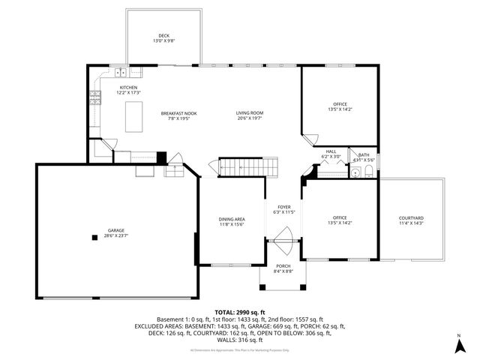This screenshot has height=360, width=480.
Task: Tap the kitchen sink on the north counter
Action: (121, 72)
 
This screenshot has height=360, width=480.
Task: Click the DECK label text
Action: (163, 36)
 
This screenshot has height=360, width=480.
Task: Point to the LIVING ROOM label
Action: (250, 112)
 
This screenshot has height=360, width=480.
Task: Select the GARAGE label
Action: (115, 229)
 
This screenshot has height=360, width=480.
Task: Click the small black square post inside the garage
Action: (94, 238)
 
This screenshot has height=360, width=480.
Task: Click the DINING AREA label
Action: (232, 218)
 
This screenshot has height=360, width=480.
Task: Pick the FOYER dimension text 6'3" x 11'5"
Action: (283, 212)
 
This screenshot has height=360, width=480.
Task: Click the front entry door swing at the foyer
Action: (284, 244)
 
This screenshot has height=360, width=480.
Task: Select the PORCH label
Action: (283, 266)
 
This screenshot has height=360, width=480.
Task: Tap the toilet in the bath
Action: (367, 172)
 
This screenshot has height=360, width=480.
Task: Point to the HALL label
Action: (331, 151)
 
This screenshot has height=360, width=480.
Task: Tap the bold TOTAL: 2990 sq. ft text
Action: (239, 311)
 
